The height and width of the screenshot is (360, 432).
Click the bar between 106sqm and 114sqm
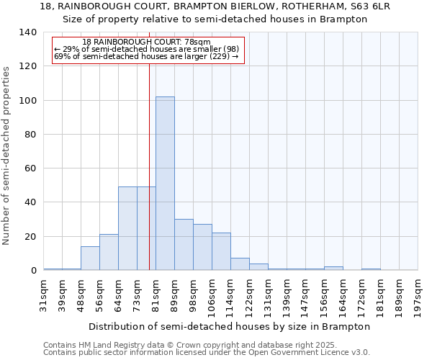pyautogui.click(x=221, y=252)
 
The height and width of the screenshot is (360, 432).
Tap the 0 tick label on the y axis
pyautogui.click(x=33, y=271)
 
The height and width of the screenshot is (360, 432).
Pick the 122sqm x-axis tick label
pyautogui.click(x=250, y=295)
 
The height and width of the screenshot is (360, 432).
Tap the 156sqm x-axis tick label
pyautogui.click(x=325, y=295)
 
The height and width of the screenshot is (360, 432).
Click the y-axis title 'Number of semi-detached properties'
pyautogui.click(x=6, y=155)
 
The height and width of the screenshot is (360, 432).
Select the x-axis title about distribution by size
pyautogui.click(x=230, y=326)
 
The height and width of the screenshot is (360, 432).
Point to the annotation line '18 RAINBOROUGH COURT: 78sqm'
pyautogui.click(x=146, y=42)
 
